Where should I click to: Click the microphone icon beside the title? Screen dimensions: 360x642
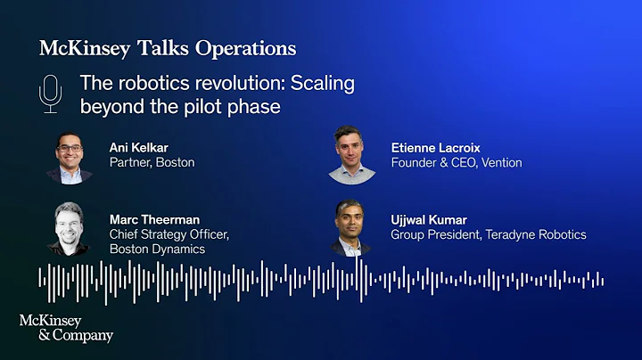click(51, 94)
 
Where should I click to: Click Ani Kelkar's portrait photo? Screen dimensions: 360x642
click(70, 158)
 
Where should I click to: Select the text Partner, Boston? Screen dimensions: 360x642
click(152, 162)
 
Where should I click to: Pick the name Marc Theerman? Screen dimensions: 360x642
click(154, 219)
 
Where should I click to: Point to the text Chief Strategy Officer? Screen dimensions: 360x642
click(169, 234)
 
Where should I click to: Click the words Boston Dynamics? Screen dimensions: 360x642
click(157, 250)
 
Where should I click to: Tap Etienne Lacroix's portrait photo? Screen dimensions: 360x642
click(350, 153)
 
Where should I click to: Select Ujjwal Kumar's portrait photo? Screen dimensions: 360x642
click(351, 227)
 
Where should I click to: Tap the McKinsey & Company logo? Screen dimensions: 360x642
click(66, 328)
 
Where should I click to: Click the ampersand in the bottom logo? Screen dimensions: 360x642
click(25, 336)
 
